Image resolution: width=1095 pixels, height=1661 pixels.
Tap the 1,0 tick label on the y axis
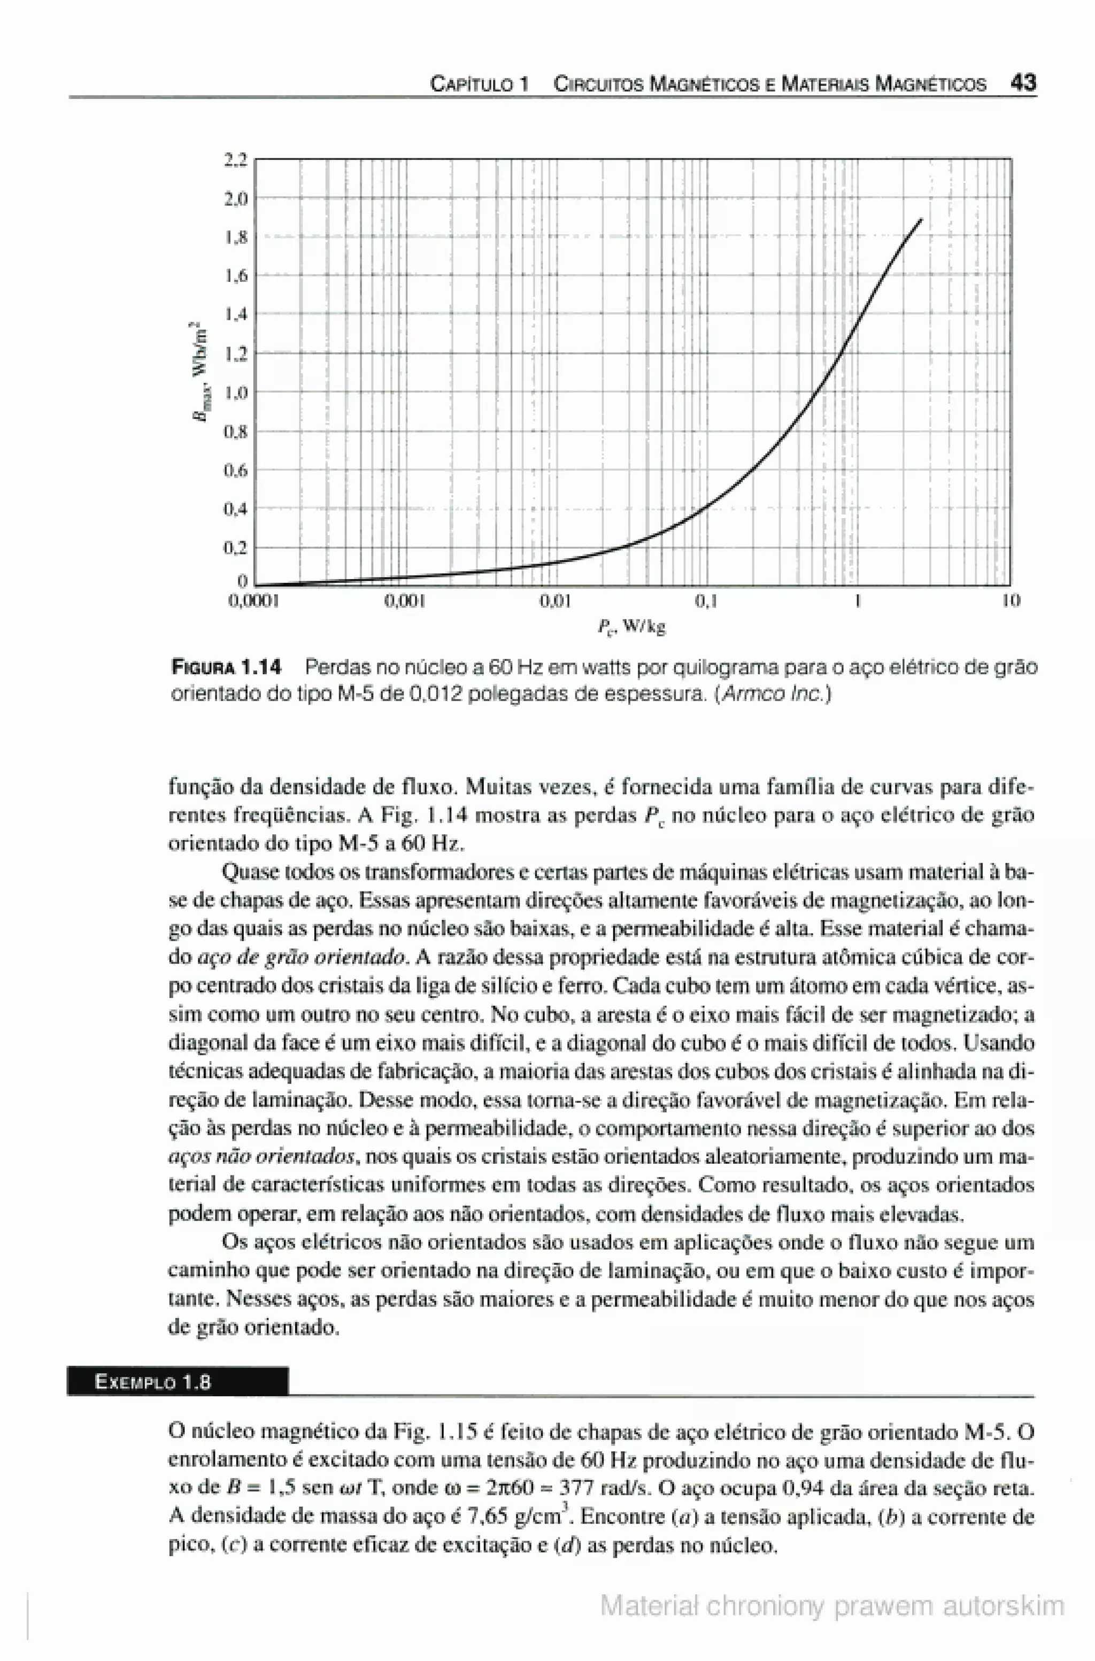click(235, 393)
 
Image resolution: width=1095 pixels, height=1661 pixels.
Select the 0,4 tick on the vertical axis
click(235, 509)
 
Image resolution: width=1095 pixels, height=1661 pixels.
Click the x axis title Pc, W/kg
click(631, 627)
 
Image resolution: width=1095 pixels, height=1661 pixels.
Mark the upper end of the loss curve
click(922, 219)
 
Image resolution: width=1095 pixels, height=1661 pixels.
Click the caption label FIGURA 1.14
click(226, 668)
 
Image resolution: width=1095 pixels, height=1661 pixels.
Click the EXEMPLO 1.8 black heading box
click(178, 1382)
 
